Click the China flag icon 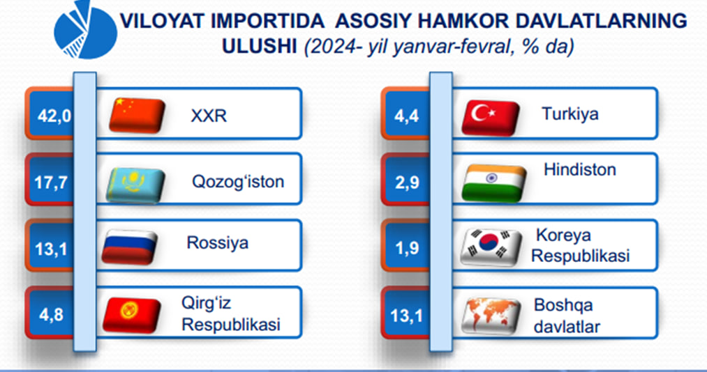(137, 115)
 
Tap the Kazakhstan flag (135, 185)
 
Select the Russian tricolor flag (129, 247)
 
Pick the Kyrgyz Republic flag (132, 315)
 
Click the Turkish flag (491, 118)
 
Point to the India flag (494, 183)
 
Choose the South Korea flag (491, 247)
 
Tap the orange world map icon (491, 316)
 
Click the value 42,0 (54, 116)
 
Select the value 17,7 (51, 183)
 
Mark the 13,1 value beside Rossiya (51, 249)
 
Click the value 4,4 (407, 116)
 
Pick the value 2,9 (407, 183)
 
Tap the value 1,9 (407, 249)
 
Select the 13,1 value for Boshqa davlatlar (407, 317)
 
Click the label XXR (209, 116)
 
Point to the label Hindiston (580, 169)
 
